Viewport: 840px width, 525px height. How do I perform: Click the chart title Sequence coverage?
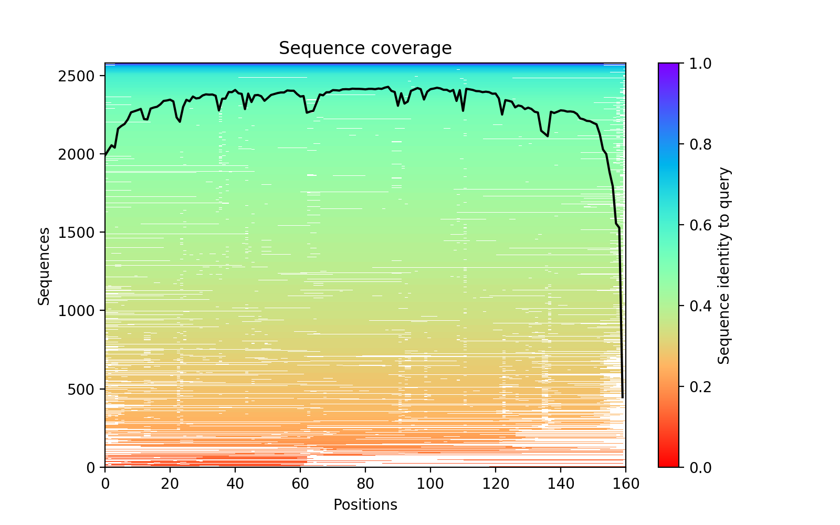(365, 48)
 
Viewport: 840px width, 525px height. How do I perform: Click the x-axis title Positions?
(365, 505)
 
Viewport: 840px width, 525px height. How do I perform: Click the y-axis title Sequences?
(44, 266)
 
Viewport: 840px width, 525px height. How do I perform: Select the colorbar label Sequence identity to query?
(724, 266)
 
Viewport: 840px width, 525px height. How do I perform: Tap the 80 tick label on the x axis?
(365, 484)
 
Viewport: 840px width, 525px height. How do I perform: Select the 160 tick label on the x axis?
(625, 484)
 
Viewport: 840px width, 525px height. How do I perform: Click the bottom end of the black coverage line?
(623, 397)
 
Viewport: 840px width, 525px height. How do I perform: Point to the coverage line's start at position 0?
(105, 156)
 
